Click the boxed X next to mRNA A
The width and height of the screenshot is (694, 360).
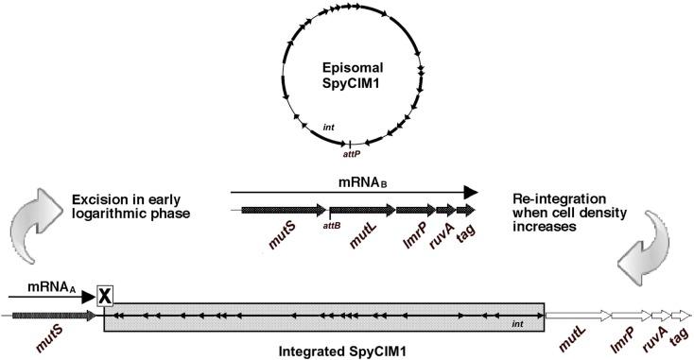pos(105,296)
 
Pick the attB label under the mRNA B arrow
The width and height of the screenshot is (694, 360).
pos(332,226)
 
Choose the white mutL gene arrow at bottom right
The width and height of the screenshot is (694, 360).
pos(576,315)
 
